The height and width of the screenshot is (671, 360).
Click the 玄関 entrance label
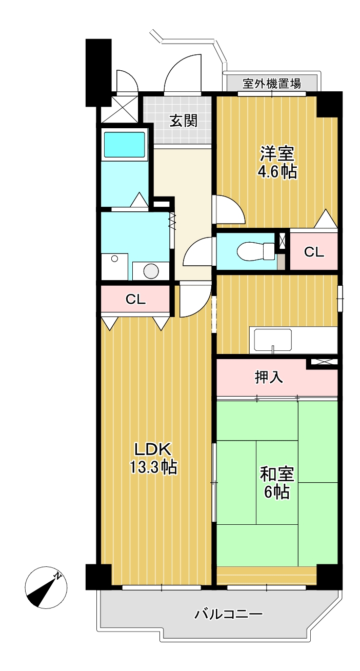pyautogui.click(x=183, y=121)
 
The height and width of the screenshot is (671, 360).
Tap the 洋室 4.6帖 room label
pyautogui.click(x=277, y=162)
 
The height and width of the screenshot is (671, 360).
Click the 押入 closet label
pyautogui.click(x=269, y=378)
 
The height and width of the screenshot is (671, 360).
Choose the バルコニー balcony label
pyautogui.click(x=229, y=614)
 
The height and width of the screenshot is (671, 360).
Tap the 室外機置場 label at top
pyautogui.click(x=271, y=83)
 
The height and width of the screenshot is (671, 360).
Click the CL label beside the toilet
pyautogui.click(x=314, y=252)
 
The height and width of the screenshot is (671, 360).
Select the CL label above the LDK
pyautogui.click(x=135, y=300)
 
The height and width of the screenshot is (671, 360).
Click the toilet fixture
pyautogui.click(x=256, y=251)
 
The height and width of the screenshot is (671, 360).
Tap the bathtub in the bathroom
pyautogui.click(x=124, y=144)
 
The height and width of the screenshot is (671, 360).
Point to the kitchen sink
pyautogui.click(x=273, y=340)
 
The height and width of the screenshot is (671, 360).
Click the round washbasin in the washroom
pyautogui.click(x=150, y=270)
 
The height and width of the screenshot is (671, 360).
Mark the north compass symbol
pyautogui.click(x=45, y=588)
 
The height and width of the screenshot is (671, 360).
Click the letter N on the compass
pyautogui.click(x=58, y=576)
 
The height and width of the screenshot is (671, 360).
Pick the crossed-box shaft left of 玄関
pyautogui.click(x=119, y=110)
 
